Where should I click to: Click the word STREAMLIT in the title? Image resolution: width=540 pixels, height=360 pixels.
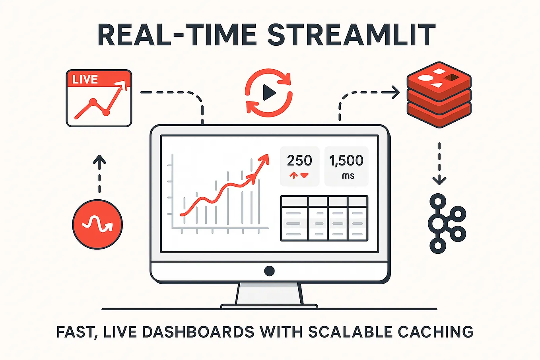click(352, 35)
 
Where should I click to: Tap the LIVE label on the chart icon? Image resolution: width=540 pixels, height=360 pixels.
click(85, 80)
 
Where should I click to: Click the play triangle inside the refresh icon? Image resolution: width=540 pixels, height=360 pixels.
click(269, 93)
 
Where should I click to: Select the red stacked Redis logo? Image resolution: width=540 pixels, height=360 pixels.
click(439, 94)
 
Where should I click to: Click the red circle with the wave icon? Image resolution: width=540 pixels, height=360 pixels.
click(97, 224)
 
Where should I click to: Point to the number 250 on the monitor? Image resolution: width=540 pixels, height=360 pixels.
click(299, 161)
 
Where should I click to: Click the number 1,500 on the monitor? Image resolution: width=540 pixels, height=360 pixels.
click(346, 161)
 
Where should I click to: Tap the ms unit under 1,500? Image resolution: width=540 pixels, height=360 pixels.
click(348, 176)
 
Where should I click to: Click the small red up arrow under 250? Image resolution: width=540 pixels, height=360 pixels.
click(294, 175)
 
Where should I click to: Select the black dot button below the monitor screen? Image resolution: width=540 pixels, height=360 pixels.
click(269, 271)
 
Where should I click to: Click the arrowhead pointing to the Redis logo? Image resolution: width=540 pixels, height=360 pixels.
click(396, 93)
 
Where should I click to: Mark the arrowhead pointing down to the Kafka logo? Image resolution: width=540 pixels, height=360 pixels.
click(439, 181)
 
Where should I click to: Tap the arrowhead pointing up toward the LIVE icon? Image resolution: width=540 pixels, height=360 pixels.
click(99, 160)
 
